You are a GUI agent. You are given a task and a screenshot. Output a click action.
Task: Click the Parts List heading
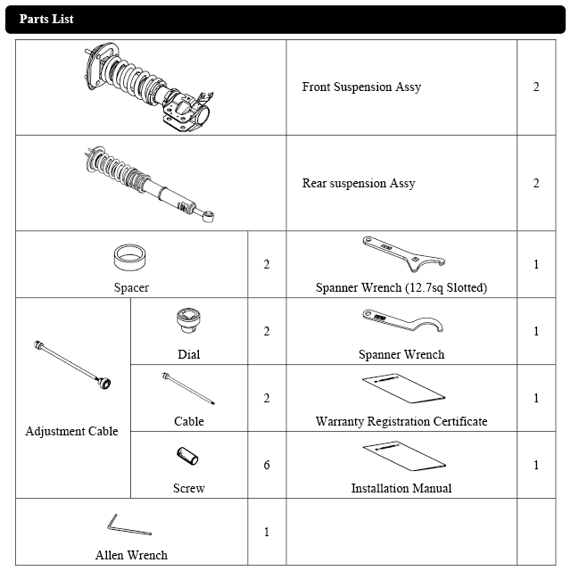pos(46,19)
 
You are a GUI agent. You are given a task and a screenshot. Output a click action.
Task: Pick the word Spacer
pos(131,287)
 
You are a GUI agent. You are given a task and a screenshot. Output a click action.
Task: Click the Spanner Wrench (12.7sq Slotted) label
pos(401,287)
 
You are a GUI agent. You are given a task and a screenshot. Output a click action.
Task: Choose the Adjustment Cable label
pos(72,432)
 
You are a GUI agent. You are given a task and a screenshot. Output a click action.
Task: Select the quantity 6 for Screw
pos(267,465)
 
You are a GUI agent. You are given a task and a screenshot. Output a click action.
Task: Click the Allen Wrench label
pos(131,555)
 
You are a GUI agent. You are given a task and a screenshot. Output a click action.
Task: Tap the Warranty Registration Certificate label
pos(401,421)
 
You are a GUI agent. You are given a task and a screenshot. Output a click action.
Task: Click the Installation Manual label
pos(401,488)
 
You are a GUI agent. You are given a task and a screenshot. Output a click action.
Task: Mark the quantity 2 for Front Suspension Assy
pos(536,87)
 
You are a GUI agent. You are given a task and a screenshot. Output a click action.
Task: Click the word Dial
pos(188,354)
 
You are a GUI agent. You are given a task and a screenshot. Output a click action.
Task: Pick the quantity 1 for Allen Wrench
pos(267,532)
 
